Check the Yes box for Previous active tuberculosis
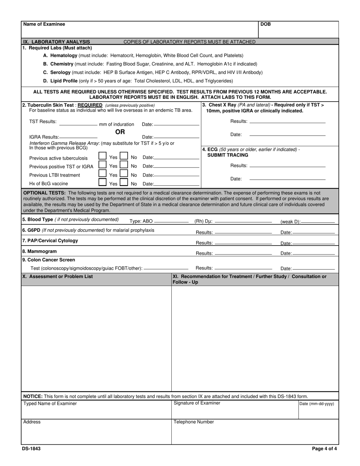coord(102,156)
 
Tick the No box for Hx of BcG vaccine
coord(124,182)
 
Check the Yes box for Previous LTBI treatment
coord(102,174)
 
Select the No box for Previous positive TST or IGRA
coord(124,165)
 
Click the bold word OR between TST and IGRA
coord(120,132)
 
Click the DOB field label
coord(266,24)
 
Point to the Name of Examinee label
coord(44,24)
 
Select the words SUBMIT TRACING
coord(228,155)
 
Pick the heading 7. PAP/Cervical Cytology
coord(50,241)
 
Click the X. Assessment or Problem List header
coord(58,277)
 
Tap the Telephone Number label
coord(194,422)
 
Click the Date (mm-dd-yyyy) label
coord(317,404)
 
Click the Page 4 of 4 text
coord(324,449)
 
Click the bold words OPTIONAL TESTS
coord(44,193)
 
